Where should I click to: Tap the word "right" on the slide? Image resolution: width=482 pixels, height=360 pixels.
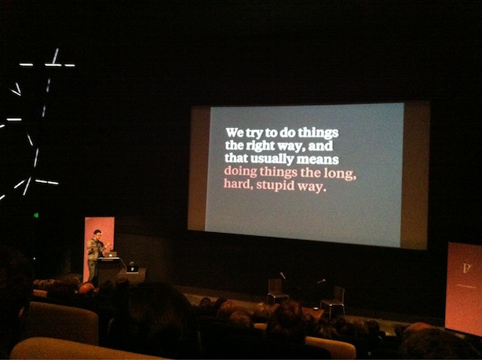(259, 146)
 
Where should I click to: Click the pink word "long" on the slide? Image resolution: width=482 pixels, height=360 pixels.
(339, 174)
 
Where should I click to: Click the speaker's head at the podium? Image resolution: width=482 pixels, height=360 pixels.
(97, 234)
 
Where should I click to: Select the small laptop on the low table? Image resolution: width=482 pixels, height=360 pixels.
(133, 269)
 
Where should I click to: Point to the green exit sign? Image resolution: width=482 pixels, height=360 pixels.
(36, 215)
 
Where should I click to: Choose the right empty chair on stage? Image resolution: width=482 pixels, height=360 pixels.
(333, 301)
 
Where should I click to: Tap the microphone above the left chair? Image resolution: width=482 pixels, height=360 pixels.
(283, 275)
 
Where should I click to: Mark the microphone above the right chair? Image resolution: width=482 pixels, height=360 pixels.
(321, 281)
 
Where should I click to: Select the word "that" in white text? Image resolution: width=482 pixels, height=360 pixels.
(236, 158)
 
